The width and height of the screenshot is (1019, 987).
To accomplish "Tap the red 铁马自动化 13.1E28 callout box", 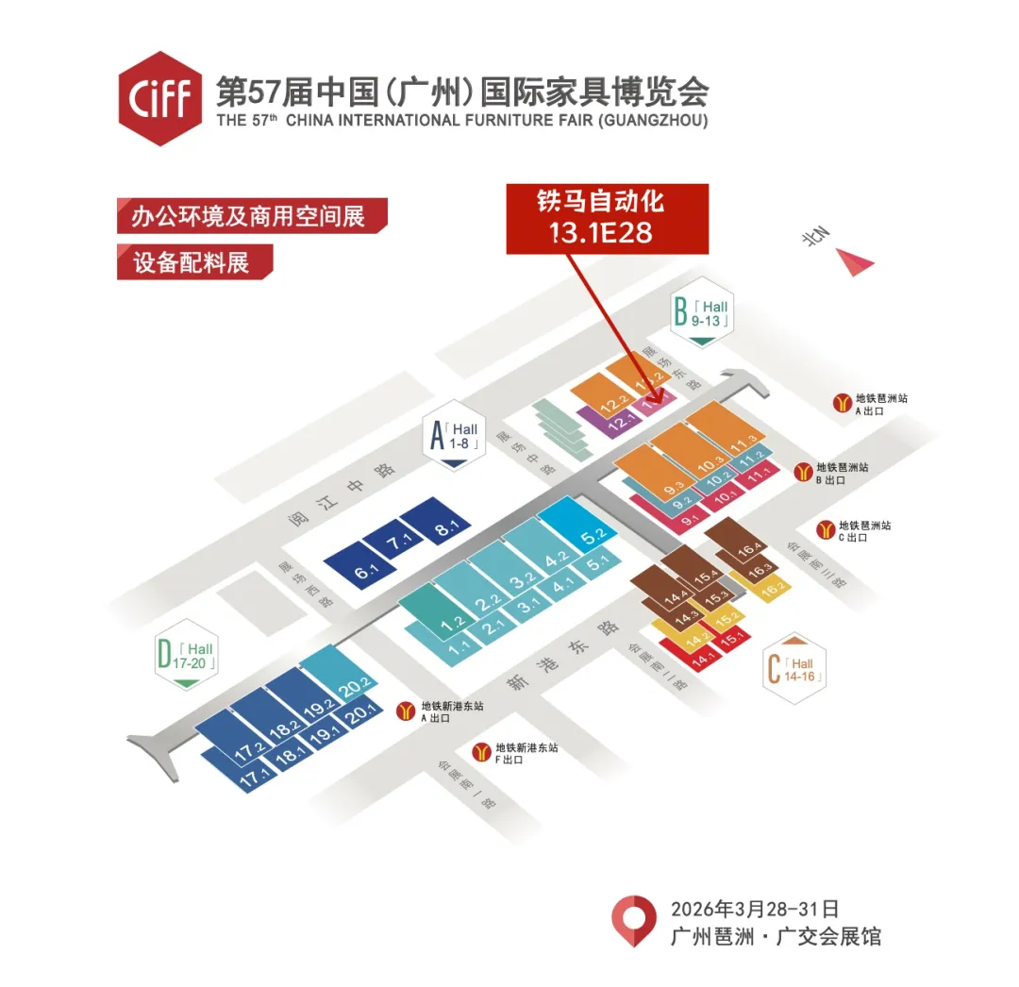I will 607,218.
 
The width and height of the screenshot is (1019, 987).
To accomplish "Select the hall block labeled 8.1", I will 440,528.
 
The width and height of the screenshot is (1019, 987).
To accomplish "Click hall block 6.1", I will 362,569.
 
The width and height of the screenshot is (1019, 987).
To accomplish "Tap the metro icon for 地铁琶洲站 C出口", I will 825,530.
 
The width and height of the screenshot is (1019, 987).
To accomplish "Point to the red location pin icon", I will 634,920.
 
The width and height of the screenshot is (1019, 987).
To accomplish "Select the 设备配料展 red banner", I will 194,261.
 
